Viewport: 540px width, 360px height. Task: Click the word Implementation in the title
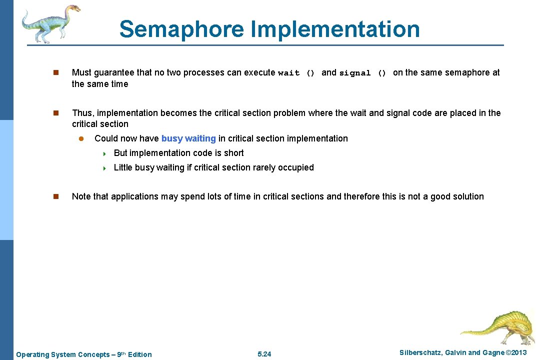[335, 29]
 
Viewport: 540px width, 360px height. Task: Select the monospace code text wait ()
[296, 73]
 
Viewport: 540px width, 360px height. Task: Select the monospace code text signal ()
[362, 73]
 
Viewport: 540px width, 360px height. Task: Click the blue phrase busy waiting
[188, 138]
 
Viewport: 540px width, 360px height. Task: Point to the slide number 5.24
[264, 354]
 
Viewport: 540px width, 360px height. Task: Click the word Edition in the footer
[140, 354]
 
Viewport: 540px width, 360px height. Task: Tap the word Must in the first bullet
[81, 72]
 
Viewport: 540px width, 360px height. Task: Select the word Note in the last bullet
[81, 196]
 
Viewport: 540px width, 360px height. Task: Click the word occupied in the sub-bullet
[296, 167]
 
